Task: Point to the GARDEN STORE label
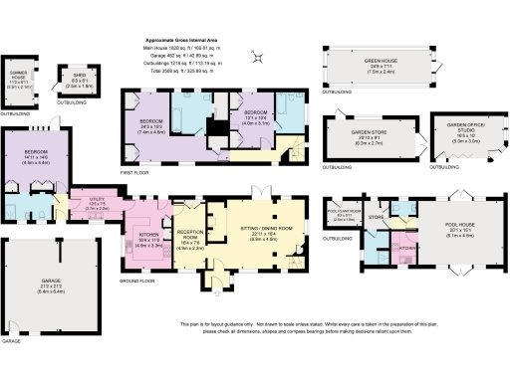pyautogui.click(x=368, y=134)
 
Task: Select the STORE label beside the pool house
pyautogui.click(x=377, y=216)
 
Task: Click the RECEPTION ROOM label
pyautogui.click(x=189, y=240)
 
